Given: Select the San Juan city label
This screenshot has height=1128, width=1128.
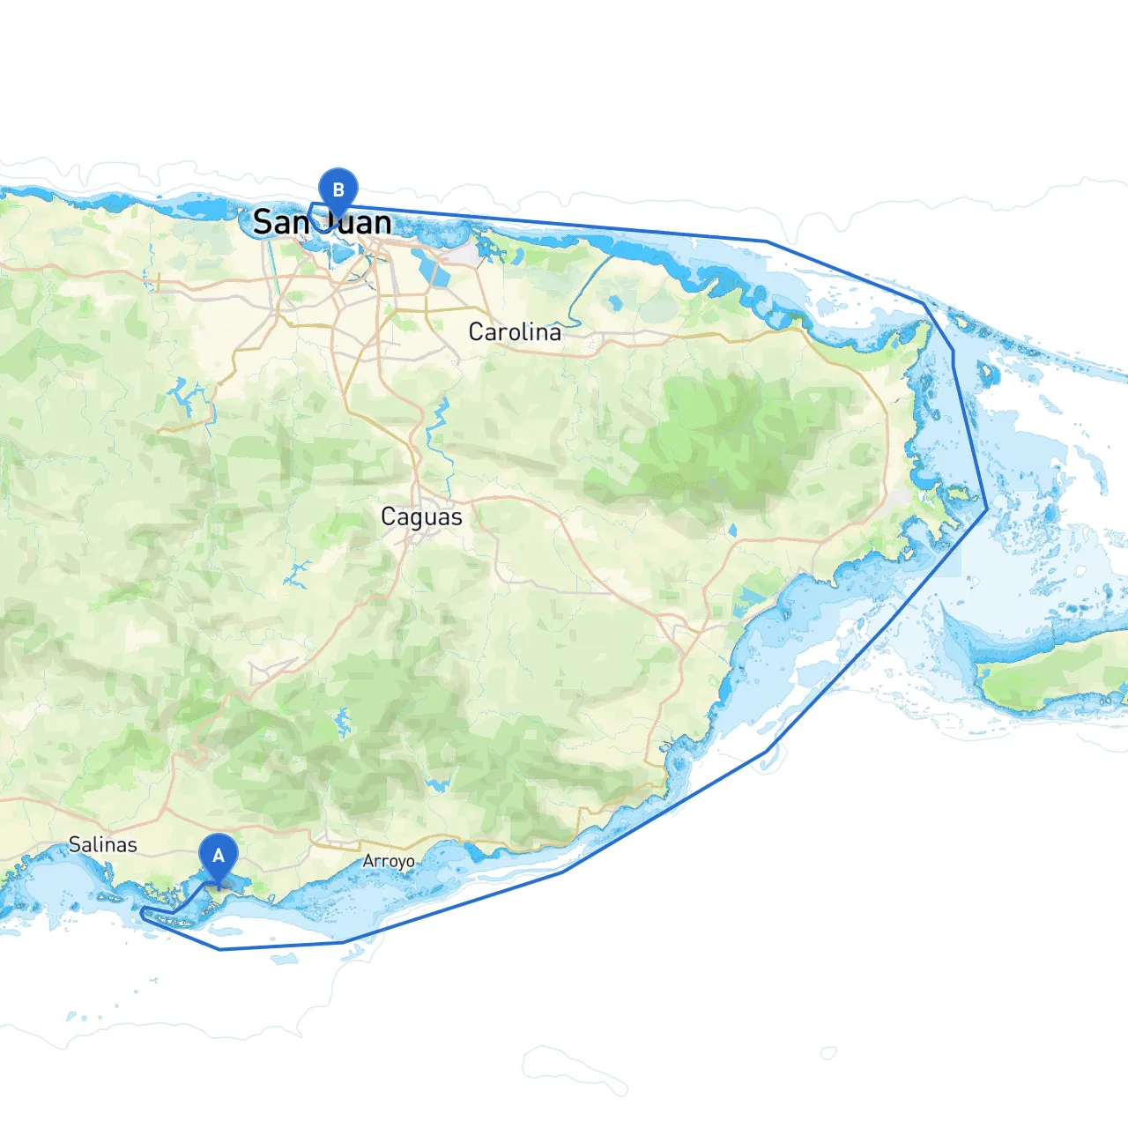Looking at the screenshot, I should [322, 222].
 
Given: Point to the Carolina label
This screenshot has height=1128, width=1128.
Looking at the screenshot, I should [514, 332].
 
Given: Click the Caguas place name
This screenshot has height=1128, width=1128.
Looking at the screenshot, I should [421, 516].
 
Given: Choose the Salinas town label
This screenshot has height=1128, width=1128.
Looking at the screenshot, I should [103, 844].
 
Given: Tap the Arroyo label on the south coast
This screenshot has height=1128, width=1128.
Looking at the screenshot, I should [389, 861].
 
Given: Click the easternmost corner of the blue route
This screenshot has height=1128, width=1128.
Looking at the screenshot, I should [986, 509].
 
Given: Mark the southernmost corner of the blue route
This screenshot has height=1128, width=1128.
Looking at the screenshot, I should [219, 949].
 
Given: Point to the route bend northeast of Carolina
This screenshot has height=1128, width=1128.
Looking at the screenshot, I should [767, 241].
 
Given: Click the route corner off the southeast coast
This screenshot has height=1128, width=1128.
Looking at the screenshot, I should [770, 750].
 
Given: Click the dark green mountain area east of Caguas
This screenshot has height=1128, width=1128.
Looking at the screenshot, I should [723, 432].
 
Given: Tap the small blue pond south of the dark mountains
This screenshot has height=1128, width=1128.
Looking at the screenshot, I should [732, 531].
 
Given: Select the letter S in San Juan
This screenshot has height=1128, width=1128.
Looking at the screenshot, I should [262, 222].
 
